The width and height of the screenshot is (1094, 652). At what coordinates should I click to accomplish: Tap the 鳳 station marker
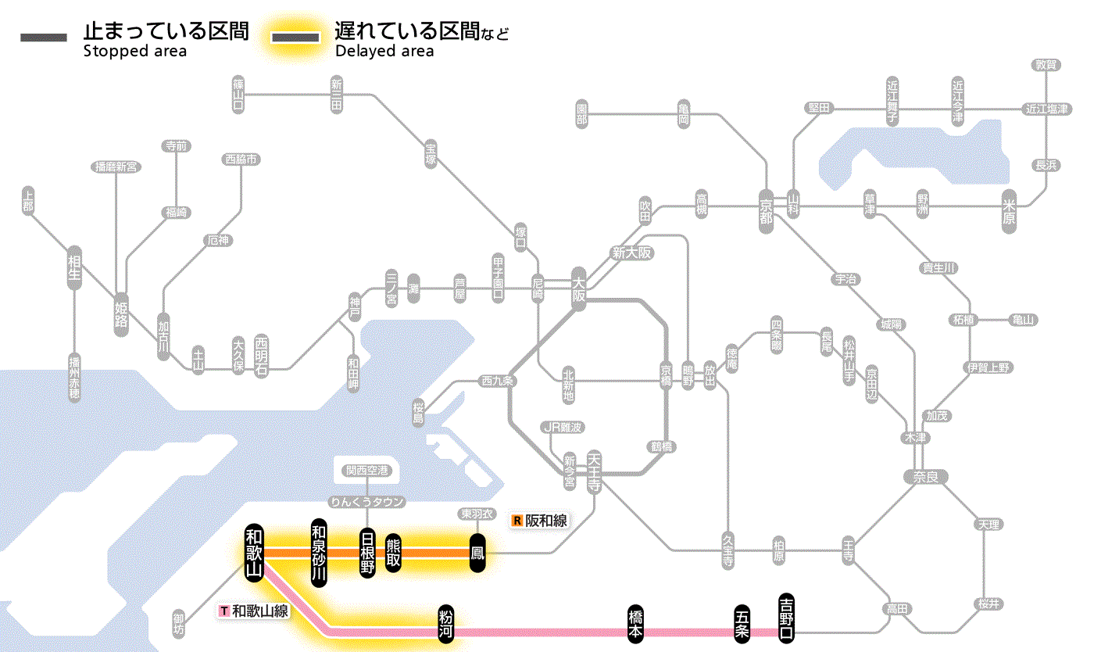[477, 553]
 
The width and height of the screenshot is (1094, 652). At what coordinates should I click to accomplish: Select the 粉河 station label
[446, 624]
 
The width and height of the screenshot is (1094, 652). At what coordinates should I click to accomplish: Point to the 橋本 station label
[636, 623]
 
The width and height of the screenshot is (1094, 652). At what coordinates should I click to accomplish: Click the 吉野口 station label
[787, 616]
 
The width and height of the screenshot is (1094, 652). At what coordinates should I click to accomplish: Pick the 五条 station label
[742, 623]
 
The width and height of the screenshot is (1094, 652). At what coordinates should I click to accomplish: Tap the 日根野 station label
[367, 553]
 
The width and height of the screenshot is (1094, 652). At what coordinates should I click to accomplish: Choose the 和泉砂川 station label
[318, 553]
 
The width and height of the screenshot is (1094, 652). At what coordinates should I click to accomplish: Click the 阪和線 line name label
[546, 521]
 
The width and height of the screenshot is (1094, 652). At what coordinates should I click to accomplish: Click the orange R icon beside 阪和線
[517, 521]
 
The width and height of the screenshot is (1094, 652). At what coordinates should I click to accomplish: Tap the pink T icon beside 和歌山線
[225, 611]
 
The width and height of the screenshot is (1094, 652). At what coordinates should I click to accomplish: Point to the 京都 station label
[766, 207]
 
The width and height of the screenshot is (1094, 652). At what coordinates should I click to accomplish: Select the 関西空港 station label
[366, 471]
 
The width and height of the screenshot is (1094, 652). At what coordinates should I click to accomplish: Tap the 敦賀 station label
[1046, 65]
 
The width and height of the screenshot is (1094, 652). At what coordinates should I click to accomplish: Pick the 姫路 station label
[121, 313]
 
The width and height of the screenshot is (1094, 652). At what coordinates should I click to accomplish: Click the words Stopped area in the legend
[135, 52]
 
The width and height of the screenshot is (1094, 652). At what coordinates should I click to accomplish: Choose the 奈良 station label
[925, 476]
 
